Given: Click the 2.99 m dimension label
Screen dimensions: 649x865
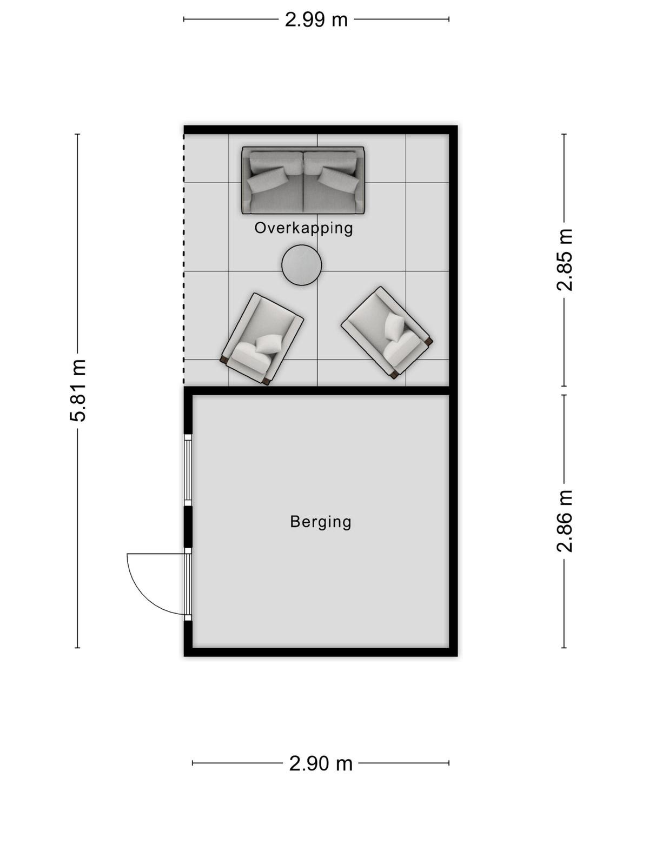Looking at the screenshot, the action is pyautogui.click(x=316, y=19).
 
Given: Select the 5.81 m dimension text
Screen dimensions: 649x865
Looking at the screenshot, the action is pyautogui.click(x=78, y=390).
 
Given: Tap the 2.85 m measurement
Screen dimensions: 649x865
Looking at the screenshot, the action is pyautogui.click(x=564, y=259).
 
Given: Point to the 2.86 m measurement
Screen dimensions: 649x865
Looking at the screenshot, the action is pyautogui.click(x=564, y=521).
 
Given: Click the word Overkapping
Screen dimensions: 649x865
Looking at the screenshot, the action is pyautogui.click(x=303, y=228).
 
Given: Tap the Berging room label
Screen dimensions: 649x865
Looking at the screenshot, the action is pyautogui.click(x=320, y=522).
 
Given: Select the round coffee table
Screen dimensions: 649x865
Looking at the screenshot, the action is pyautogui.click(x=302, y=265).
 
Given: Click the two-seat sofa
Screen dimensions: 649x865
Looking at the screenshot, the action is pyautogui.click(x=303, y=180).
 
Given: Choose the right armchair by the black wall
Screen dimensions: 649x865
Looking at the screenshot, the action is pyautogui.click(x=387, y=332).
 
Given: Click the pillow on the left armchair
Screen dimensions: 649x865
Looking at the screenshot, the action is pyautogui.click(x=269, y=344).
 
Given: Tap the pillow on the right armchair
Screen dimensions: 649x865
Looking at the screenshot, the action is pyautogui.click(x=394, y=327).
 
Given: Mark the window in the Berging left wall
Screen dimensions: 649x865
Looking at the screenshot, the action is pyautogui.click(x=188, y=470).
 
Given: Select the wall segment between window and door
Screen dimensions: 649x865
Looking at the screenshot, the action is pyautogui.click(x=188, y=527).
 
